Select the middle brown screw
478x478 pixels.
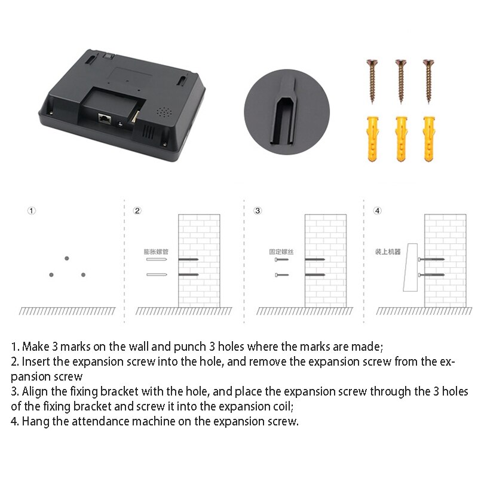click(x=399, y=80)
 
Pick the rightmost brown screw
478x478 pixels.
click(x=427, y=80)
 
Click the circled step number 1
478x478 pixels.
click(x=32, y=210)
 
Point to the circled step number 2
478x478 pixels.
click(x=137, y=210)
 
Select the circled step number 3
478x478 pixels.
click(x=258, y=210)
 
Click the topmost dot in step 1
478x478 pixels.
click(x=66, y=258)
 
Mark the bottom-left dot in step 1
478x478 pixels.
click(x=51, y=275)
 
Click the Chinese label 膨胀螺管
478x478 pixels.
click(x=156, y=252)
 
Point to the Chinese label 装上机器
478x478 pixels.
click(x=388, y=252)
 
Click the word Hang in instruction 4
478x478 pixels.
click(x=35, y=421)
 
